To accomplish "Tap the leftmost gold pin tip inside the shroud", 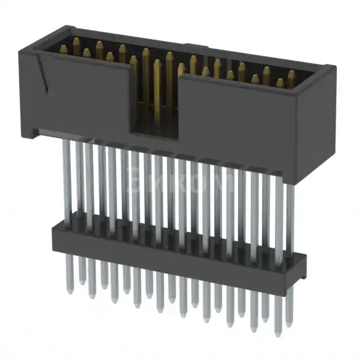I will click(x=64, y=49).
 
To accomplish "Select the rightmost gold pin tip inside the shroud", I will click(x=291, y=74).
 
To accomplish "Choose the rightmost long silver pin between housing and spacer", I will click(x=290, y=219).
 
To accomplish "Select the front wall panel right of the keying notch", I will click(x=236, y=124).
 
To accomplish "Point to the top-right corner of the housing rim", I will click(x=332, y=69).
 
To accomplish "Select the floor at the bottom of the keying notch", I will click(x=154, y=135).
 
